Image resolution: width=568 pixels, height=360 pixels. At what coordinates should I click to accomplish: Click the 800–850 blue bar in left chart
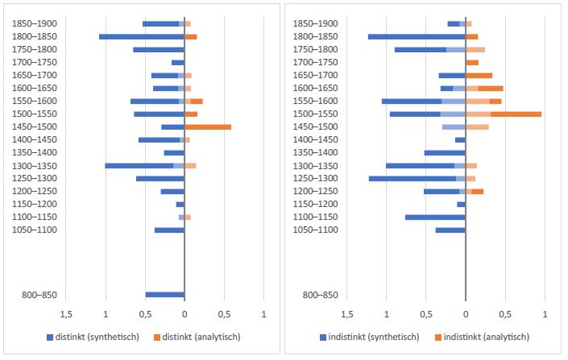[x=164, y=295]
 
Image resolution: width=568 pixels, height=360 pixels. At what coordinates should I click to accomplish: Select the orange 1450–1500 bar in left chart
[x=208, y=126]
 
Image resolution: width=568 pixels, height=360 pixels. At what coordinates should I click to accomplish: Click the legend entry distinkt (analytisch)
[x=198, y=337]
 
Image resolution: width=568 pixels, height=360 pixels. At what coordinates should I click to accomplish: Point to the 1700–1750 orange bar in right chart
[x=472, y=62]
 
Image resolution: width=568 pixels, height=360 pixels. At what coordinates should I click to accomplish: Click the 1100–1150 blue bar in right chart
[x=435, y=217]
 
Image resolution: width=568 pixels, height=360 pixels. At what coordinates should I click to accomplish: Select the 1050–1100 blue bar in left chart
[x=169, y=230]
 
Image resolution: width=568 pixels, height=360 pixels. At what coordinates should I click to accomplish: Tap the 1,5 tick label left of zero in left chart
[x=67, y=313]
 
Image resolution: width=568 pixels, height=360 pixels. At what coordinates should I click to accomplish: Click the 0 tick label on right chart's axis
[x=466, y=313]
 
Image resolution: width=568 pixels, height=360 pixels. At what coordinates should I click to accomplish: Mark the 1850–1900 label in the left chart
[x=35, y=23]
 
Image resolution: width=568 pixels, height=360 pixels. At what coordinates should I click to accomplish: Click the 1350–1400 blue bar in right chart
[x=445, y=152]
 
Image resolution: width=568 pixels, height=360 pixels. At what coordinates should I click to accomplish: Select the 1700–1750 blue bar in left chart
[x=178, y=62]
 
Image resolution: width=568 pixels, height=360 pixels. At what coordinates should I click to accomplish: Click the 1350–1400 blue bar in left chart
[x=174, y=152]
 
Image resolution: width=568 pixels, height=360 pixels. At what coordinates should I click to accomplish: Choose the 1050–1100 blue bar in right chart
[x=450, y=230]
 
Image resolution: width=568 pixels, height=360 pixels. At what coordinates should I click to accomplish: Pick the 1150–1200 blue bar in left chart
[x=180, y=204]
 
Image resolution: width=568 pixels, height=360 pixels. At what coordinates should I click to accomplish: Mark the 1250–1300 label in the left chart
[x=35, y=178]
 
